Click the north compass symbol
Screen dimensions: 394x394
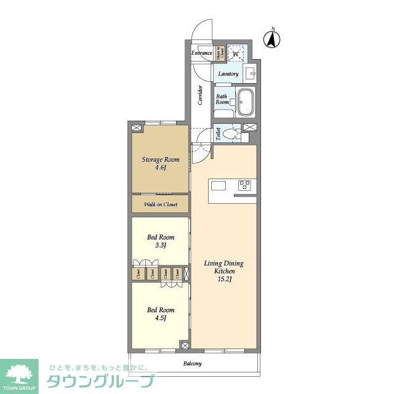pos(271,39)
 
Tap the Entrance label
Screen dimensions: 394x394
pos(201,53)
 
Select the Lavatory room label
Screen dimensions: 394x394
pos(228,74)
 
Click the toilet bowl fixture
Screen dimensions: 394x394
pos(233,134)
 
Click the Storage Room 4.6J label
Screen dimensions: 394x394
pos(161,163)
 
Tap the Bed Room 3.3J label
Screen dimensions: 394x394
pos(161,241)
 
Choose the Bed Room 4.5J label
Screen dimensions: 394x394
pos(161,313)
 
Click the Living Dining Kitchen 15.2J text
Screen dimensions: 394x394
pos(223,271)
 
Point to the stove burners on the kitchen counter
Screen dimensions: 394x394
pos(245,184)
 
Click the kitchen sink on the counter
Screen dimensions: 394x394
pos(219,185)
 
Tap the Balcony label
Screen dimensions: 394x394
pos(192,363)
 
